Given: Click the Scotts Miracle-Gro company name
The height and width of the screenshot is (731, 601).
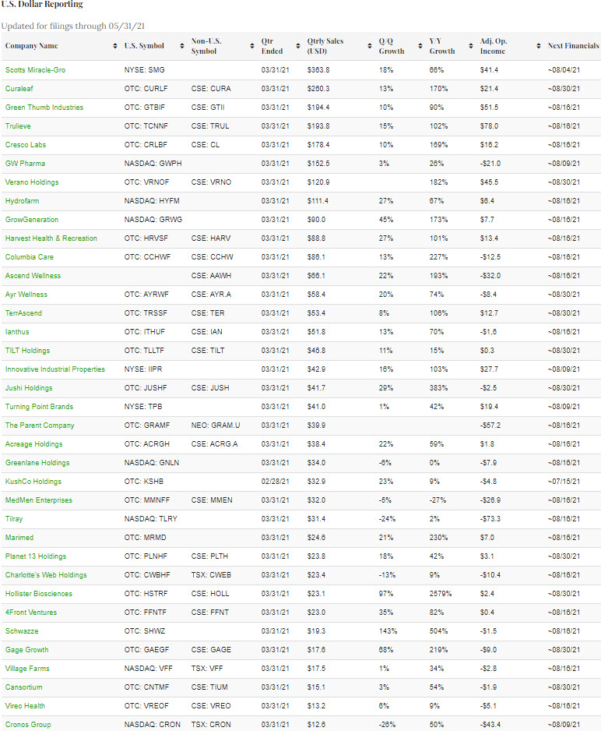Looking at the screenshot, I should (35, 70).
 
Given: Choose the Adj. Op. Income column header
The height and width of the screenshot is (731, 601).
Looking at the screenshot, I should (492, 46).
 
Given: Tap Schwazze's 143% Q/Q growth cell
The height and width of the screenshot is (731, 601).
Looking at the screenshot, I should (387, 631).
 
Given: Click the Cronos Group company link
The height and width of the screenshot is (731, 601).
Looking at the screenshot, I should (29, 725).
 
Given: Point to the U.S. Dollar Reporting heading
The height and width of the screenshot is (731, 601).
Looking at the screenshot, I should (41, 5).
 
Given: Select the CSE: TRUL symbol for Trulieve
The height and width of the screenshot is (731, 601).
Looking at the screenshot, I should (209, 126).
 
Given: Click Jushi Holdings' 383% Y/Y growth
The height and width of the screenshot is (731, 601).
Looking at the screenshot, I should (439, 388).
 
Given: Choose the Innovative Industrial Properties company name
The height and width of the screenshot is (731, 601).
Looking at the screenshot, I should (54, 369).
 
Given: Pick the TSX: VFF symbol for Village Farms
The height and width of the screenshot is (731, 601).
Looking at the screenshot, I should (207, 669).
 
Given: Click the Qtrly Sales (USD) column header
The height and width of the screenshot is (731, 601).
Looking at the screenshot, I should (325, 46).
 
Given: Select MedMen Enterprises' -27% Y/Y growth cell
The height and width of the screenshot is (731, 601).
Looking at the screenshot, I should (438, 500).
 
